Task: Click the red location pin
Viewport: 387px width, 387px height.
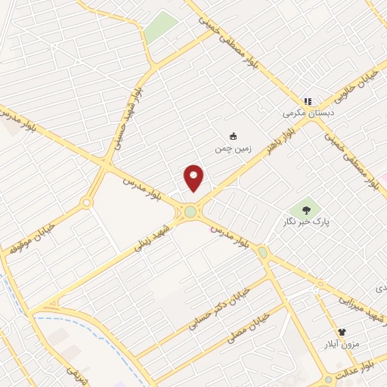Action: point(194,178)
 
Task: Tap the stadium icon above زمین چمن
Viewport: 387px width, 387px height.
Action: point(234,136)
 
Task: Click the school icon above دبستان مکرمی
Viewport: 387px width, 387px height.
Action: point(308,101)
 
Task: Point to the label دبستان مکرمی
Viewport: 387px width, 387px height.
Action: point(308,113)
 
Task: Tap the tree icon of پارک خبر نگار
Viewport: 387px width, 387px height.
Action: point(306,210)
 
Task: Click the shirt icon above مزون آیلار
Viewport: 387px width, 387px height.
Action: point(342,332)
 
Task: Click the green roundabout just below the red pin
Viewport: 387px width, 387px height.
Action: point(190,213)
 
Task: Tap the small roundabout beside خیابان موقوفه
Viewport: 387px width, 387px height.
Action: point(86,203)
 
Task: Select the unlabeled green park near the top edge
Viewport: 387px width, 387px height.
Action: point(159,27)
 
